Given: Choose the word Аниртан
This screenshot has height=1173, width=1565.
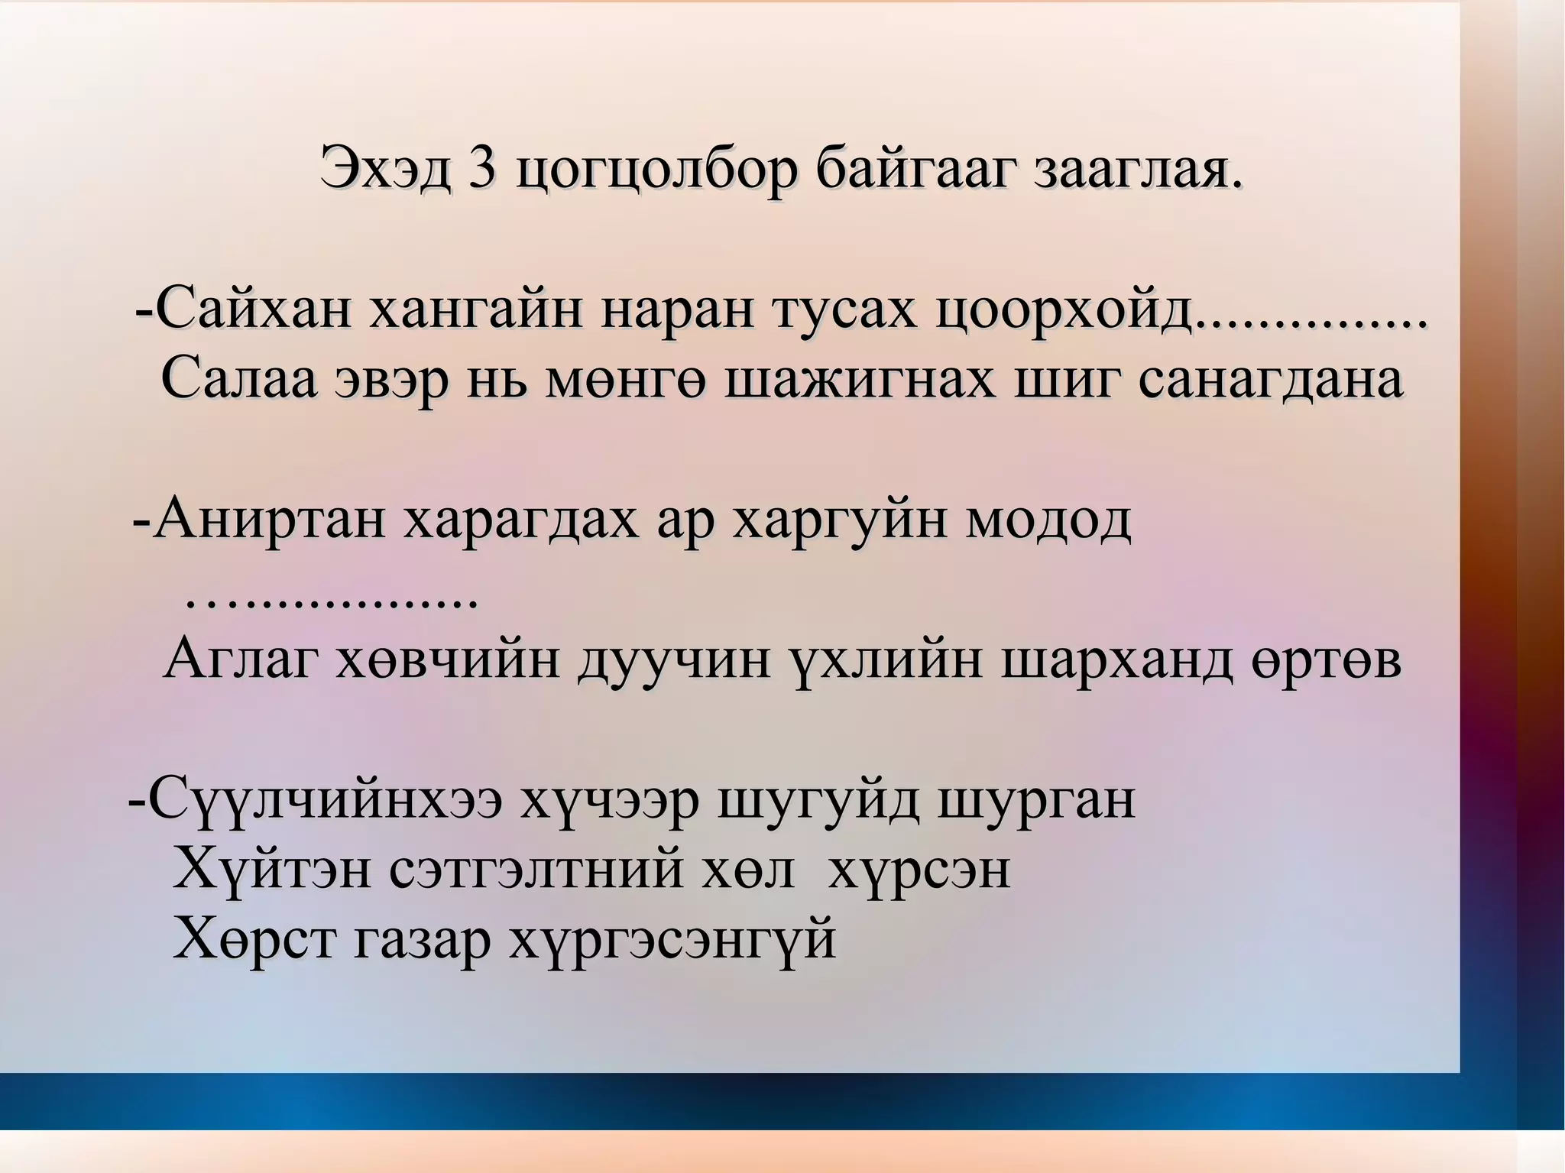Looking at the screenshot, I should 268,520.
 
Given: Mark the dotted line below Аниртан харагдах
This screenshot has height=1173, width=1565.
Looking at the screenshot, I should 332,603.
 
